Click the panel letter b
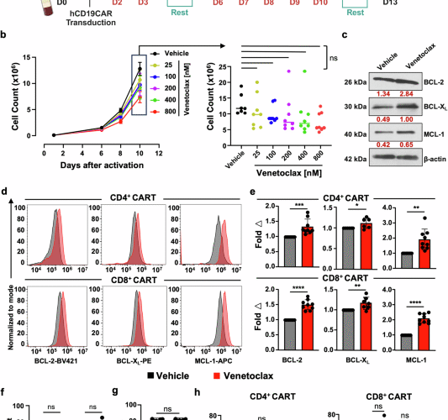point(6,38)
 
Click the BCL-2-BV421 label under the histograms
point(58,357)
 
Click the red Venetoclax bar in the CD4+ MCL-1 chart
point(428,251)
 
